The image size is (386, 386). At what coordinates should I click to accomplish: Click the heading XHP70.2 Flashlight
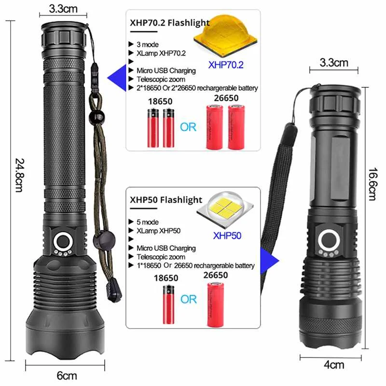(x=170, y=23)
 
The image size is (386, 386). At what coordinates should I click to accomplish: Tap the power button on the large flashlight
(x=63, y=240)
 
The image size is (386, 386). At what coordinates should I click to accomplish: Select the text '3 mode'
(x=148, y=44)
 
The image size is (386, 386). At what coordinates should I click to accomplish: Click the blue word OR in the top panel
(x=189, y=127)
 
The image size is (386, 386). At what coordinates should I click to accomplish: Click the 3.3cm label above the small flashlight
(x=334, y=62)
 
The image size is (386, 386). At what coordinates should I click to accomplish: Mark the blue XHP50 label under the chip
(x=226, y=236)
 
